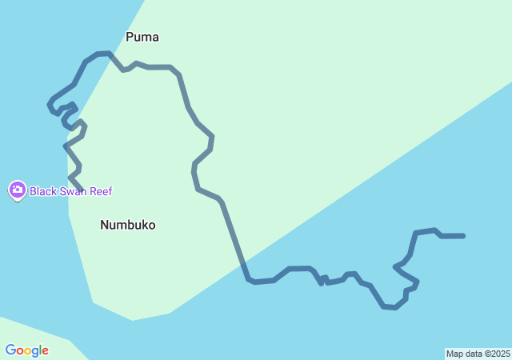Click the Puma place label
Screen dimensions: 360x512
click(x=142, y=37)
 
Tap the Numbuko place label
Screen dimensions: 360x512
click(x=128, y=225)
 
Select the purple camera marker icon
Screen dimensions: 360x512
click(x=17, y=190)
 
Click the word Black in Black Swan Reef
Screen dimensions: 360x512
click(x=43, y=191)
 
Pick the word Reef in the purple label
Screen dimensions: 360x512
click(x=101, y=191)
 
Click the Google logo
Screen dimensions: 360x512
click(x=26, y=350)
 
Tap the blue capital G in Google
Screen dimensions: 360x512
click(x=10, y=350)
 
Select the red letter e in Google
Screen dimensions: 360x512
click(x=45, y=351)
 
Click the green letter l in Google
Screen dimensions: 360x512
click(x=39, y=350)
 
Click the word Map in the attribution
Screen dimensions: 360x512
click(x=454, y=354)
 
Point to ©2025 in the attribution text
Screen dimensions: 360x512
click(x=496, y=354)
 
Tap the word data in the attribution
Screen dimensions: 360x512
click(x=473, y=354)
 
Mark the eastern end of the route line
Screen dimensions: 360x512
click(x=463, y=236)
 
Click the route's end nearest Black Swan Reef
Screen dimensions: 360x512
click(x=82, y=190)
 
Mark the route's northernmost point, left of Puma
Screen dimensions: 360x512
click(x=102, y=54)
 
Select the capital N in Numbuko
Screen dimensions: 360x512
click(x=104, y=225)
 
